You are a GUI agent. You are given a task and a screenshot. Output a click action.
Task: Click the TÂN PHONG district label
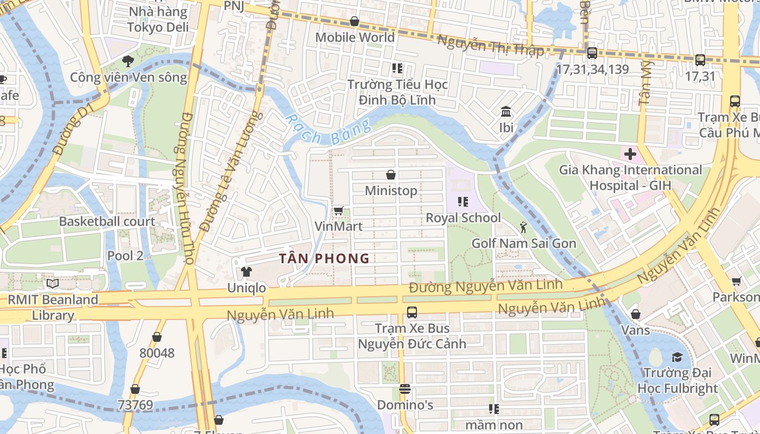click(325, 258)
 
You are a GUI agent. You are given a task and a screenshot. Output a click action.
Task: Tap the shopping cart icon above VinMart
click(338, 210)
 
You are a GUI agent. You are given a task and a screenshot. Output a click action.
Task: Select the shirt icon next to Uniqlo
click(246, 271)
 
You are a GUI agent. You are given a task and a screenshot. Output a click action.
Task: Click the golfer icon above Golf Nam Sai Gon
click(523, 227)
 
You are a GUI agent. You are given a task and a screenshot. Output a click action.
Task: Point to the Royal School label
click(463, 218)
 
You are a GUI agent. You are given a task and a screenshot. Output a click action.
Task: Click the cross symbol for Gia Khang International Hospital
click(630, 154)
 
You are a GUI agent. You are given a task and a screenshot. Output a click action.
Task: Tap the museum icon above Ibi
click(506, 112)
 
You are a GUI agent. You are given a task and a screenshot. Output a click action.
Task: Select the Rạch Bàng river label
click(328, 130)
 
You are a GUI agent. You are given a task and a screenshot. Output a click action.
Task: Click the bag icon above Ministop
click(390, 175)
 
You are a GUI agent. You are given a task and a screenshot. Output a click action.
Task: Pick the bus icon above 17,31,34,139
click(592, 53)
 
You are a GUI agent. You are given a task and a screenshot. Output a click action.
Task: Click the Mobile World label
click(354, 37)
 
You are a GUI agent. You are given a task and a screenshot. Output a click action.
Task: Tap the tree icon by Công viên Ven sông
click(128, 61)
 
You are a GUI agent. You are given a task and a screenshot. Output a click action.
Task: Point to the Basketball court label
click(107, 221)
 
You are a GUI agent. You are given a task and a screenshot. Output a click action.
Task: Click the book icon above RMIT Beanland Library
click(53, 283)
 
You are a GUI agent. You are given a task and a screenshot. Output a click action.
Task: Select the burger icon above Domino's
click(404, 389)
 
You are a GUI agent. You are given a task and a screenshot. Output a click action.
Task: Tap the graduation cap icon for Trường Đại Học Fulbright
click(677, 357)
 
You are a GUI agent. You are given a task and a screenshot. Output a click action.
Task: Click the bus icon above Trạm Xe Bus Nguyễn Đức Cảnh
click(411, 312)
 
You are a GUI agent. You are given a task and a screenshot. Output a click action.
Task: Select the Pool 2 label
click(125, 256)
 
